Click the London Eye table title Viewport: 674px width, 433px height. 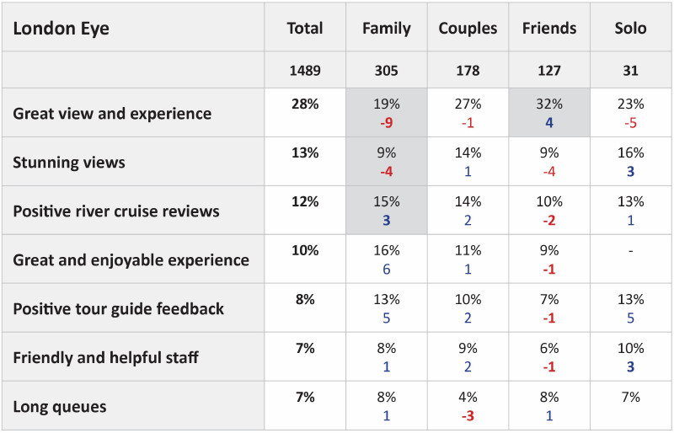click(x=62, y=29)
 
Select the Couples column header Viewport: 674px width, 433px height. click(x=468, y=29)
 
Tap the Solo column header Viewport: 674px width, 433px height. click(x=630, y=29)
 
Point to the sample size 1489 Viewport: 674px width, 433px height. click(x=304, y=71)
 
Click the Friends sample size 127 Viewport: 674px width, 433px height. click(x=549, y=71)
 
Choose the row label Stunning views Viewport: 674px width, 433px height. click(x=69, y=163)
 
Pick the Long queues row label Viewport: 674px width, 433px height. click(x=60, y=407)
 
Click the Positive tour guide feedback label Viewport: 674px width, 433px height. click(x=119, y=308)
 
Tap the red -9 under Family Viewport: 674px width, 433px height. click(x=387, y=122)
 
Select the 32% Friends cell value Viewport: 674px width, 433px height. click(x=549, y=104)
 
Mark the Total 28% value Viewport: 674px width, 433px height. click(x=304, y=104)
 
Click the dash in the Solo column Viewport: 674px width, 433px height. click(x=630, y=251)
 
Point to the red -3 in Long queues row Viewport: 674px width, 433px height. click(x=468, y=415)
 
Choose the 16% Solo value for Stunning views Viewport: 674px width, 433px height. click(x=630, y=153)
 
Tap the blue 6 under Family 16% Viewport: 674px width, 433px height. click(x=387, y=269)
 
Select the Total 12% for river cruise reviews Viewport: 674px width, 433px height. click(x=304, y=202)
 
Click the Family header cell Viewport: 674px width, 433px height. click(x=387, y=29)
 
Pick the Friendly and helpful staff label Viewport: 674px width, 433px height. click(x=106, y=357)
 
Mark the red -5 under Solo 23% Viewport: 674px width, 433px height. click(x=630, y=122)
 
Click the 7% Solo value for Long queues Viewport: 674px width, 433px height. click(x=630, y=398)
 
